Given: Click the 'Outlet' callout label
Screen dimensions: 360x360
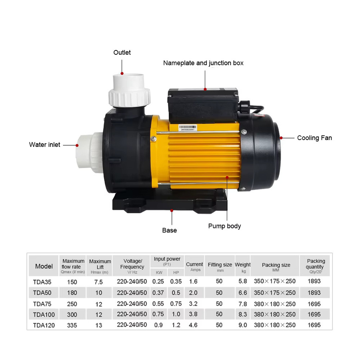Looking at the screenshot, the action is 122,52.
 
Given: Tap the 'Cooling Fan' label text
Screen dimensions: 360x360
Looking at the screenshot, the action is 314,138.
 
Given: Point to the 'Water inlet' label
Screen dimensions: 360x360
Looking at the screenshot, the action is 44,145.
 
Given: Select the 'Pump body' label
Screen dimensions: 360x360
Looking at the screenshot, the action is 224,226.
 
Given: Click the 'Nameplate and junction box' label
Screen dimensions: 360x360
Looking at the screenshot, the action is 203,63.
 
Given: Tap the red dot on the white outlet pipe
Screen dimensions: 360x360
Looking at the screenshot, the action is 122,74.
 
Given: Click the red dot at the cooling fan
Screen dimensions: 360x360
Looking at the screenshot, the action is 281,138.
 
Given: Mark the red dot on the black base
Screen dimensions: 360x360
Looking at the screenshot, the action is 172,210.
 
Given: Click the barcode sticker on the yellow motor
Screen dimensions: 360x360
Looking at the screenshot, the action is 188,128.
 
